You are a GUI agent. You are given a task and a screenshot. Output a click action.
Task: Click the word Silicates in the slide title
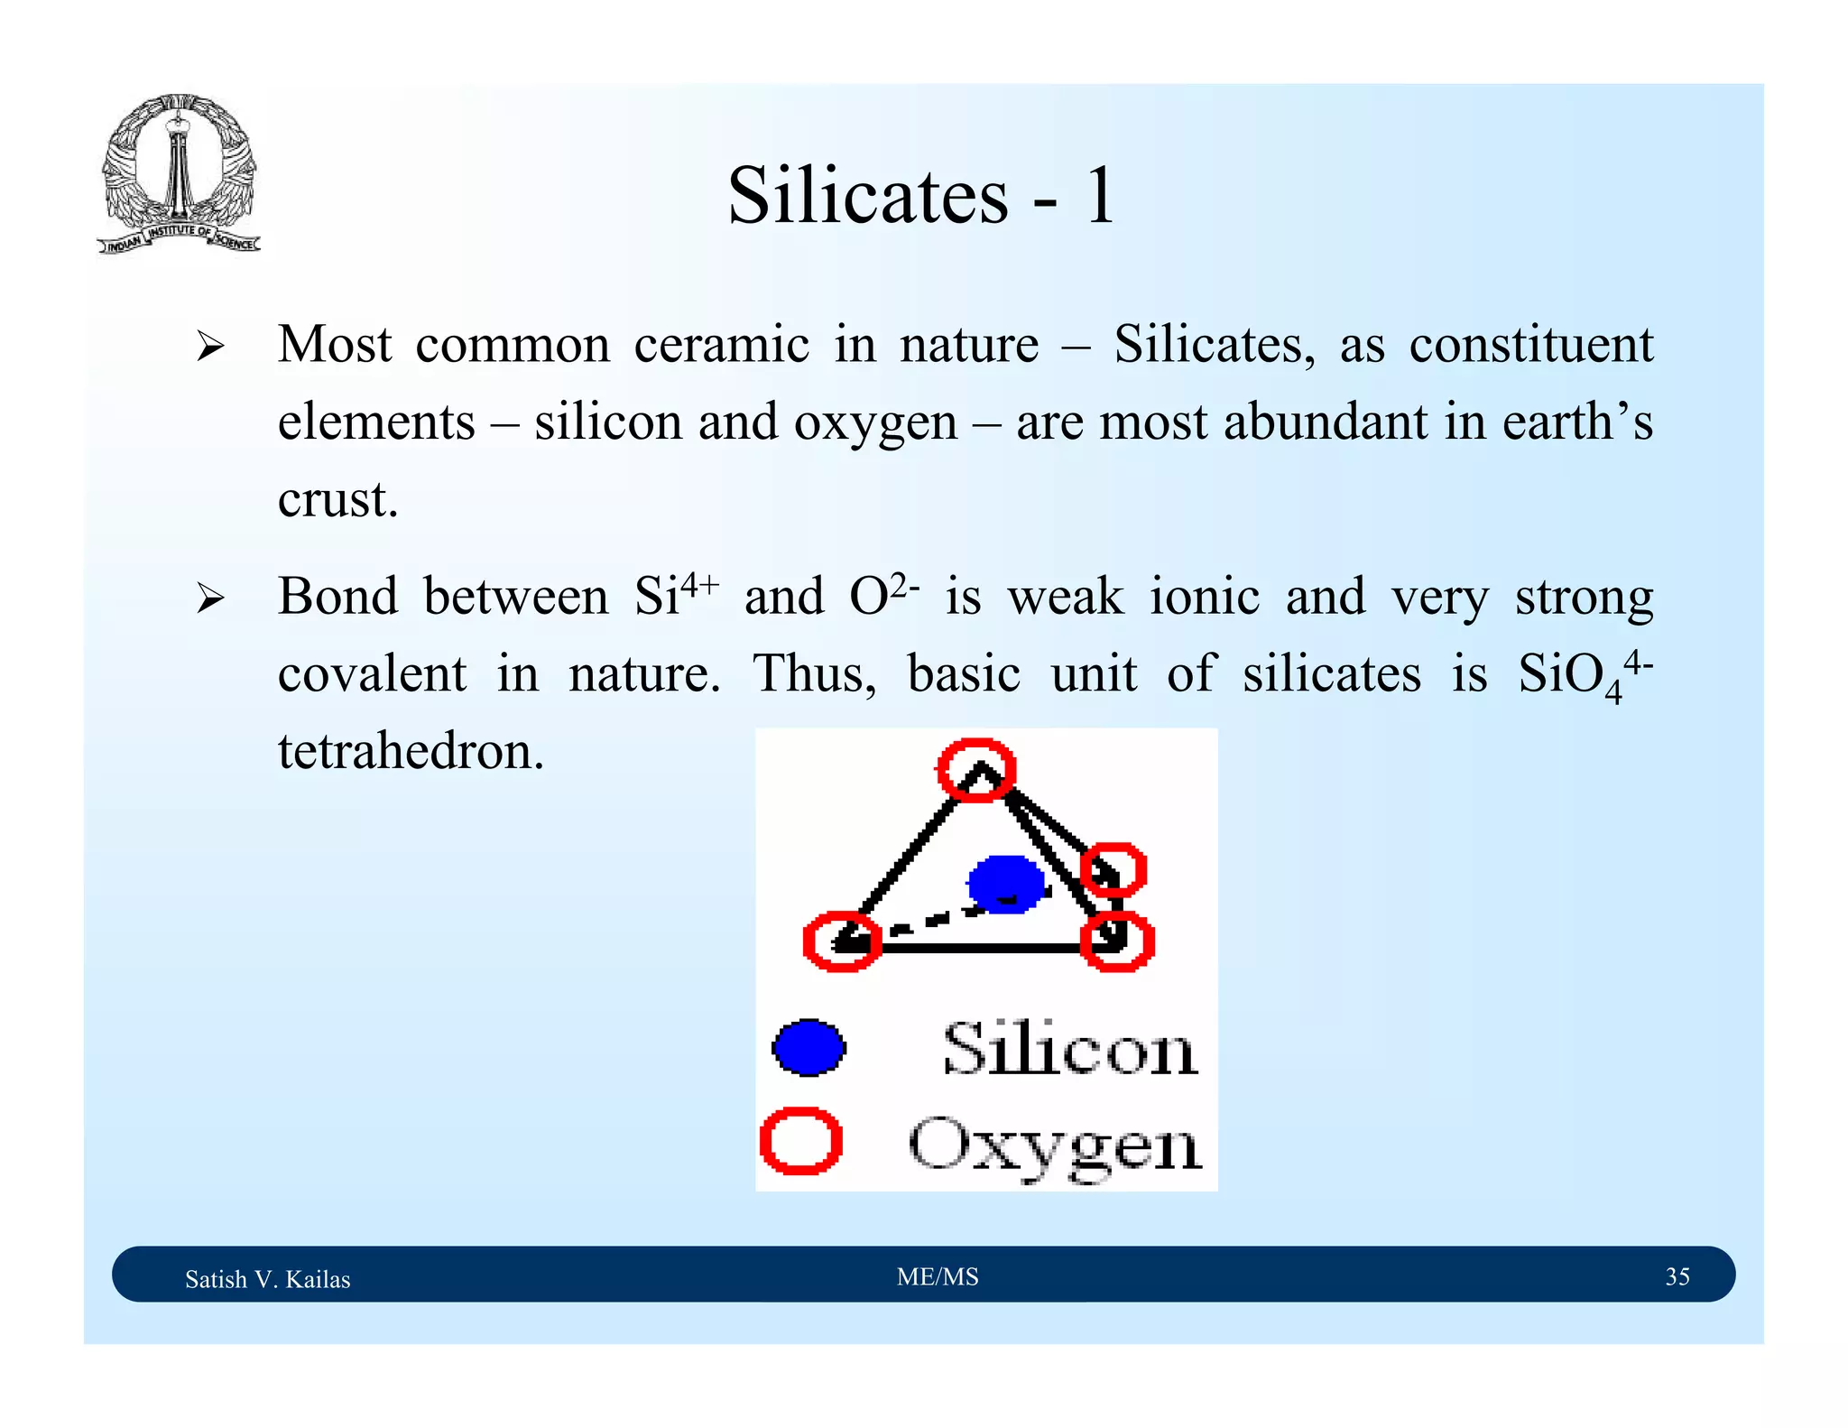click(x=867, y=196)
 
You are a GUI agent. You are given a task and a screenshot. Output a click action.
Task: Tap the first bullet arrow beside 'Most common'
click(x=210, y=346)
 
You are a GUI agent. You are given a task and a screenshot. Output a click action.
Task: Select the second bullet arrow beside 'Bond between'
click(x=210, y=598)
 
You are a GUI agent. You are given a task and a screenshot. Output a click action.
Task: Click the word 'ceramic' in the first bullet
click(x=721, y=346)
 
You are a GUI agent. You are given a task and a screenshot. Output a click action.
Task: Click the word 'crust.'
click(x=337, y=499)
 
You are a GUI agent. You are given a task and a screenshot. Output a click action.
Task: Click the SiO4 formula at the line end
click(x=1584, y=674)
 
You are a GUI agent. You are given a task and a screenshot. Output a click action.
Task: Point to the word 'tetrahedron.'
click(x=411, y=751)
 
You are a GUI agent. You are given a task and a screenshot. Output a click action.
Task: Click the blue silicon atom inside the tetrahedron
click(x=1005, y=884)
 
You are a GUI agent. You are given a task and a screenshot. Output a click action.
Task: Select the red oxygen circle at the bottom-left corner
click(x=842, y=941)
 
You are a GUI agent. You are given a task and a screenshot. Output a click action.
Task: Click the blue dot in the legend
click(x=808, y=1048)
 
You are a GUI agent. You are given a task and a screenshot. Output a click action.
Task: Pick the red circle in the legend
click(x=800, y=1141)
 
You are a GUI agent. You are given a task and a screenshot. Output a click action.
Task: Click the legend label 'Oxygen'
click(x=1055, y=1145)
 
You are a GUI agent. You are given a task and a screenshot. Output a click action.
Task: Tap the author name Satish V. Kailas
click(x=267, y=1279)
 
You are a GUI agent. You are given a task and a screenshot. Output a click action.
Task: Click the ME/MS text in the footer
click(x=938, y=1276)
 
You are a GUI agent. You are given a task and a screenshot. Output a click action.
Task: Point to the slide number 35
click(x=1677, y=1276)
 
